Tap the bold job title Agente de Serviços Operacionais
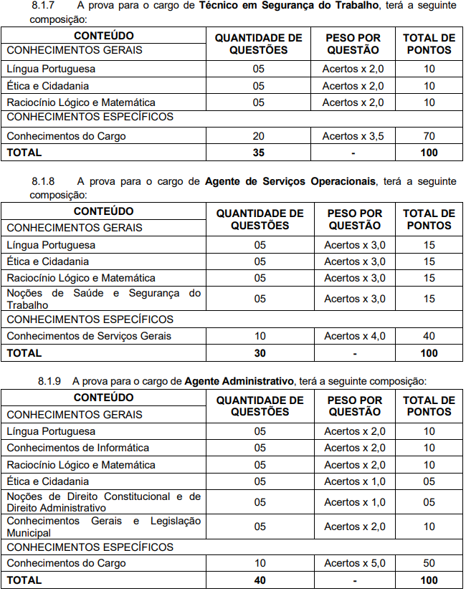click(x=290, y=182)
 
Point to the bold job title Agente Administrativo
click(x=239, y=380)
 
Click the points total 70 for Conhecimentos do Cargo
click(x=429, y=136)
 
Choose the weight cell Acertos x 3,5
click(x=353, y=136)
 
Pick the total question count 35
click(x=259, y=152)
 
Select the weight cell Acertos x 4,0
click(x=354, y=336)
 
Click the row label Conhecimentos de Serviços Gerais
click(x=89, y=336)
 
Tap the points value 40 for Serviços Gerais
click(x=429, y=336)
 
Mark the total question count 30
click(x=260, y=352)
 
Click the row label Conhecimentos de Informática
click(x=77, y=448)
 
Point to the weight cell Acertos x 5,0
click(x=354, y=563)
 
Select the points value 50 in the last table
click(x=429, y=563)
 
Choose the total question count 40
click(x=260, y=580)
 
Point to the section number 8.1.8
click(x=52, y=182)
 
